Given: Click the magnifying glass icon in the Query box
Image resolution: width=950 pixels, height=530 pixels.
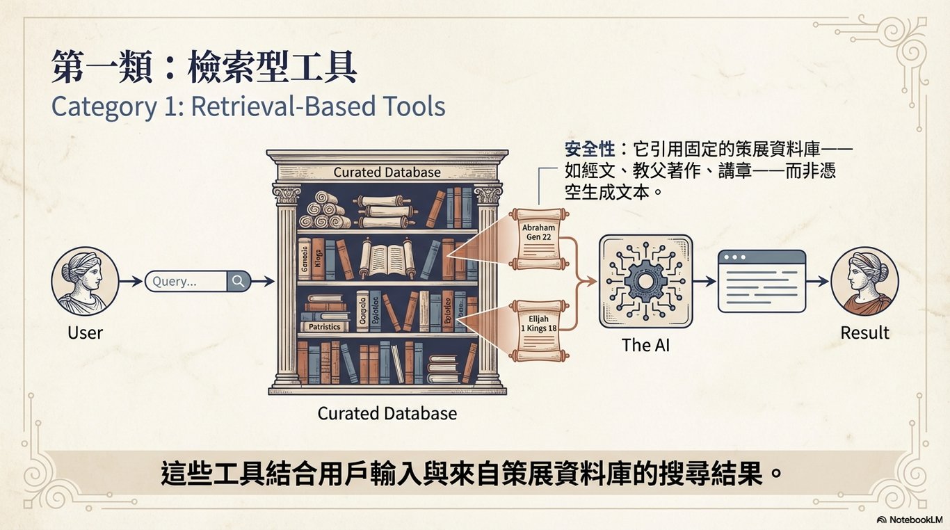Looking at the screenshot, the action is click(239, 281).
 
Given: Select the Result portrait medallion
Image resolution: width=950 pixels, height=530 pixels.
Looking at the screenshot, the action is click(864, 282).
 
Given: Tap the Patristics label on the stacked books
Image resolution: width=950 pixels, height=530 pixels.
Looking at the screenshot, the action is click(324, 326).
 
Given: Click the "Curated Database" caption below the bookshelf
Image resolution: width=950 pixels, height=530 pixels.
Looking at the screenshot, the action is click(387, 413).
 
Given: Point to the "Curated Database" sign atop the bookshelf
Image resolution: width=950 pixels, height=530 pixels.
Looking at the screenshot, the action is click(387, 172).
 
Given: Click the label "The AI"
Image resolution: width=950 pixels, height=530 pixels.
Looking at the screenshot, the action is click(645, 344).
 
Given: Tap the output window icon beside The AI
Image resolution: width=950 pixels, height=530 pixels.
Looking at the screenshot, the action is click(761, 281).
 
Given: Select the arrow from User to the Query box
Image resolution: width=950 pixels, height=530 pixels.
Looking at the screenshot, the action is click(130, 282).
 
